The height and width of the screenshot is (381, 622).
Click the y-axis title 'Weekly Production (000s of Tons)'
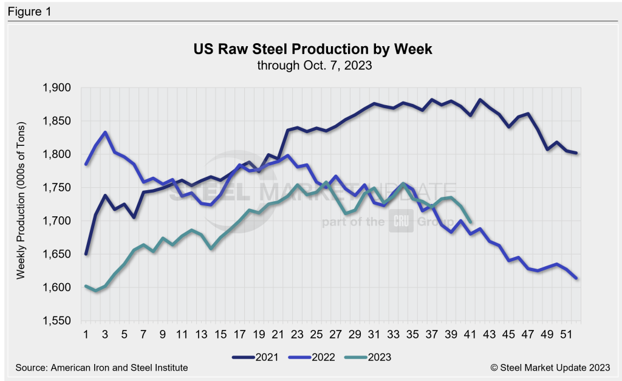(x=21, y=205)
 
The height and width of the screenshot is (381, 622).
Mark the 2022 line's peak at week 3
(x=105, y=132)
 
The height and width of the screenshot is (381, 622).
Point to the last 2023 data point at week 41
(x=471, y=222)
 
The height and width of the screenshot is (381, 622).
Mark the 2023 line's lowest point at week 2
(x=95, y=290)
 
